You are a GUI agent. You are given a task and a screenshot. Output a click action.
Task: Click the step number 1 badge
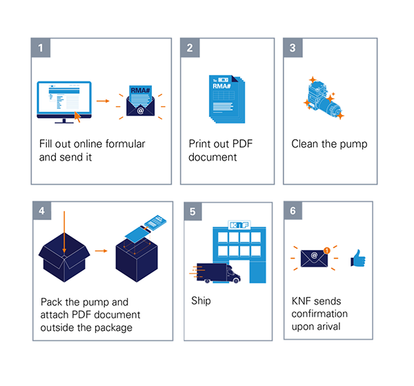pos(41,48)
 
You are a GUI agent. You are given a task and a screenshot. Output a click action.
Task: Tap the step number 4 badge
pos(42,210)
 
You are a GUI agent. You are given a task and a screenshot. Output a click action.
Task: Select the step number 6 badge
pos(293,210)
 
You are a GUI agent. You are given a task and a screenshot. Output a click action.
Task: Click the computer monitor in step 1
pos(64,102)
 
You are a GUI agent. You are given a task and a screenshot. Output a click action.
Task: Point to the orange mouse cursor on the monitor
pos(77,116)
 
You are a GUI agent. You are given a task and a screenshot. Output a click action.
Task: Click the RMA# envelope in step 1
pos(141,101)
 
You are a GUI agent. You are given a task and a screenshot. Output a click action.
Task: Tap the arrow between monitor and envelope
pos(103,101)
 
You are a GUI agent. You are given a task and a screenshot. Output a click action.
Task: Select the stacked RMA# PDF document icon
pos(227,99)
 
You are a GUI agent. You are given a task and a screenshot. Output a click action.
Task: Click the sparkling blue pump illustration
pos(324,98)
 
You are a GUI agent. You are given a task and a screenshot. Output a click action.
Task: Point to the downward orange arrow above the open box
pos(64,232)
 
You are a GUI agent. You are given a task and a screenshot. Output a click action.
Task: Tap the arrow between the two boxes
pos(101,251)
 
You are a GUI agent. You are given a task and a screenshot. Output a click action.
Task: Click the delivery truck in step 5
pos(217,273)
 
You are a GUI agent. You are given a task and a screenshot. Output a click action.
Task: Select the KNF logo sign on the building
pos(239,225)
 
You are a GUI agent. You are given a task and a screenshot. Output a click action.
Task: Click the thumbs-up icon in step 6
pos(358,258)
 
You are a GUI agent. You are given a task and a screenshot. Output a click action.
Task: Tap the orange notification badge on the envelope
pos(327,250)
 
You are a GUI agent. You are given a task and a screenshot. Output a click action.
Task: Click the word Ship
pos(201,301)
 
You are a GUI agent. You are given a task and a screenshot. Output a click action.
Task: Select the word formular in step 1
pos(125,144)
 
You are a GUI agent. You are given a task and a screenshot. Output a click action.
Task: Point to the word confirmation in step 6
pos(319,314)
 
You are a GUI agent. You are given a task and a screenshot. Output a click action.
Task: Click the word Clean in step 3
pos(305,144)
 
